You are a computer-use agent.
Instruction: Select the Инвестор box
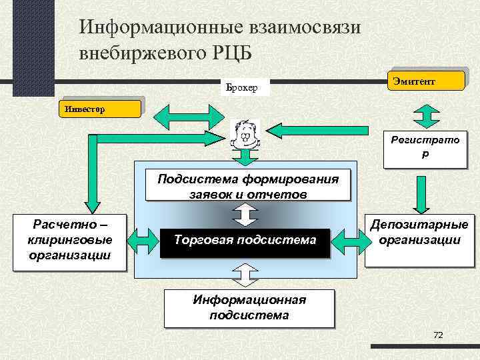click(x=100, y=107)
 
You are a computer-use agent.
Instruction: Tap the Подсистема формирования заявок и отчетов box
click(x=247, y=186)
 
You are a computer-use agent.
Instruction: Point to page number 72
click(x=438, y=335)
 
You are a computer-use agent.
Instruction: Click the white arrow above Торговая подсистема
click(x=245, y=213)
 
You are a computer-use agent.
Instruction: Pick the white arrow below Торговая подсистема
click(x=245, y=273)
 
